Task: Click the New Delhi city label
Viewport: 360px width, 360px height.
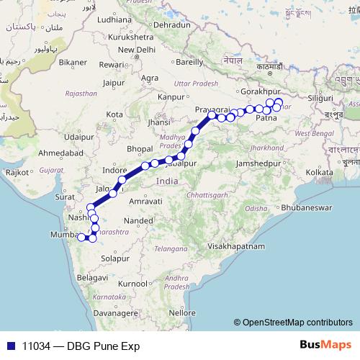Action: [x=136, y=50]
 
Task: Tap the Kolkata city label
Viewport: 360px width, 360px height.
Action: [x=320, y=173]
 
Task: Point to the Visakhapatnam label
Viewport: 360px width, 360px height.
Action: [x=236, y=246]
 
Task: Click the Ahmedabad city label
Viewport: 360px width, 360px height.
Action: [x=63, y=153]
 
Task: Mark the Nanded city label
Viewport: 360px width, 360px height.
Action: [x=136, y=220]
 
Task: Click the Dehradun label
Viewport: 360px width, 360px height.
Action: [x=171, y=24]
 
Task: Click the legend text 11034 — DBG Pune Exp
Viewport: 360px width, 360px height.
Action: [x=81, y=346]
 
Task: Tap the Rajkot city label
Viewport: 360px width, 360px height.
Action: [x=16, y=173]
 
